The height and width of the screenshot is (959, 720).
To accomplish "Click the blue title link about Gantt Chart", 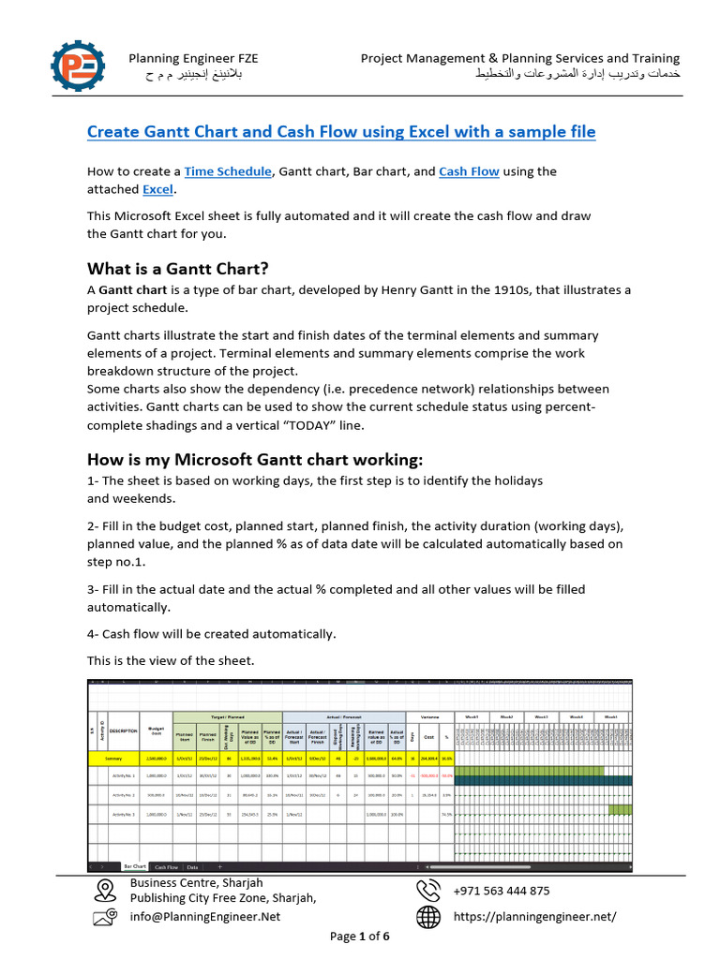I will pos(341,131).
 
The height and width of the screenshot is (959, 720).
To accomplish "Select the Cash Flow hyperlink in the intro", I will pos(469,171).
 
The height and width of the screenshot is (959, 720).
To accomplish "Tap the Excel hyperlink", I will pos(157,189).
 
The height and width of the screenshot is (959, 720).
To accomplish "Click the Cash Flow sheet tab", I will pos(166,866).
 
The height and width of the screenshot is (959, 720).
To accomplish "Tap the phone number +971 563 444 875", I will pos(502,891).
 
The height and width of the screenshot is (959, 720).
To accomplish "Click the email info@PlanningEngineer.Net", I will pos(204,917).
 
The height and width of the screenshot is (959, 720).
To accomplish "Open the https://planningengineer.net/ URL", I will pos(534,917).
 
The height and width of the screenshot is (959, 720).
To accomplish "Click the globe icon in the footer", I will pos(428,917).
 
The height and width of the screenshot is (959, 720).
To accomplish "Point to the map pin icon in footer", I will pos(104,889).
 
